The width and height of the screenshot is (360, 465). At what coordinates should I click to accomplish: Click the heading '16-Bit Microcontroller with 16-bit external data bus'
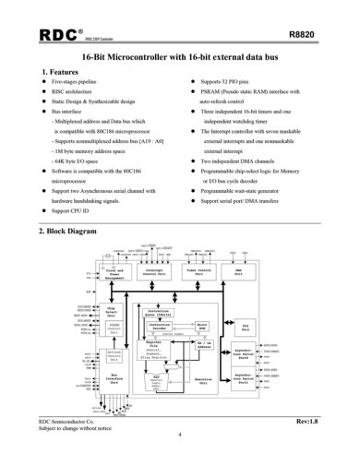(179, 57)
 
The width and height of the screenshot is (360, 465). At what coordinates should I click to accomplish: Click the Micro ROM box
(200, 327)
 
